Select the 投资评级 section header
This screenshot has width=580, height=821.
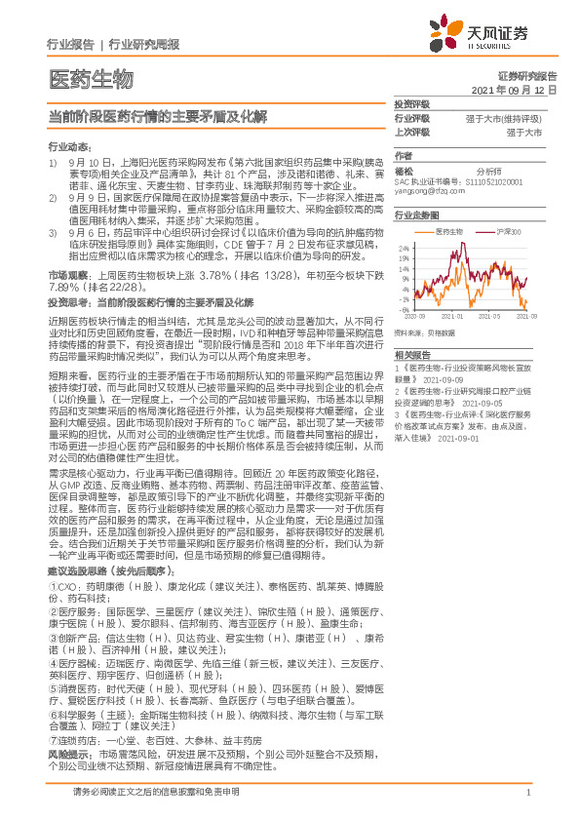pyautogui.click(x=411, y=103)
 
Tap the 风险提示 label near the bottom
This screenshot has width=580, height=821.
pyautogui.click(x=68, y=754)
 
